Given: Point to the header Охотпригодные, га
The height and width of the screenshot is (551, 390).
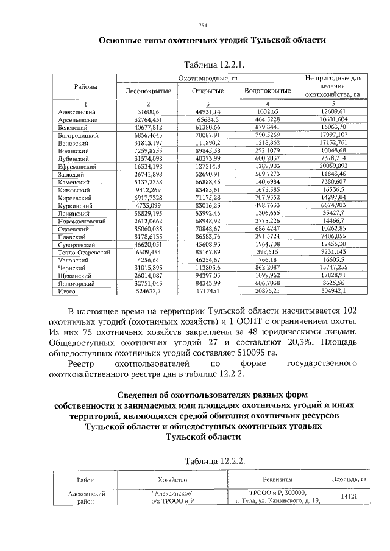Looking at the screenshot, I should pyautogui.click(x=207, y=79).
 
